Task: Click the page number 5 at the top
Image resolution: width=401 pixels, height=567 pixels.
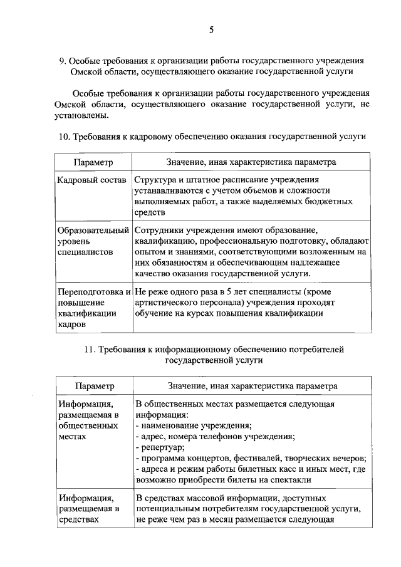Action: (212, 29)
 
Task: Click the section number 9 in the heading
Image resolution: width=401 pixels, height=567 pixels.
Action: (61, 61)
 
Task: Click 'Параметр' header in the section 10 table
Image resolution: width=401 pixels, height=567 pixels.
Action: (93, 162)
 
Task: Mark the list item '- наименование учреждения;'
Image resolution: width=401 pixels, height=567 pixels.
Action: (193, 425)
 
